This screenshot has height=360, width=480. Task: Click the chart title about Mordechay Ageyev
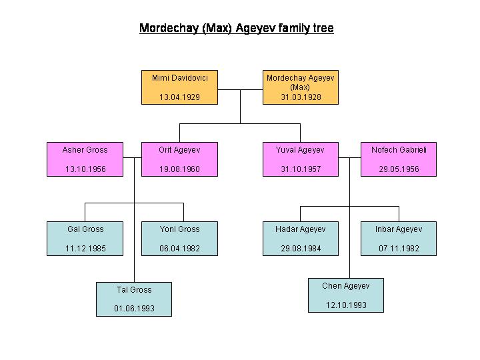coord(236,28)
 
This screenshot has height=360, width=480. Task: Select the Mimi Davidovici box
coord(180,87)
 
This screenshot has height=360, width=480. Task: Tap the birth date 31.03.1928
coord(301,97)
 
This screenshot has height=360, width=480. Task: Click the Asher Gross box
coord(85,159)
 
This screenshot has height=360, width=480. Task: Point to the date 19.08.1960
coord(180,169)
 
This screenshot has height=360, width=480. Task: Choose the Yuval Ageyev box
coord(301,159)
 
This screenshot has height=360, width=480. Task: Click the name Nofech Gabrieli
coord(399,150)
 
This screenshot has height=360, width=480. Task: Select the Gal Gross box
coord(85,239)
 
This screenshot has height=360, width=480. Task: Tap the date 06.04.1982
coord(180,249)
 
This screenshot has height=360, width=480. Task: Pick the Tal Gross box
coord(134,299)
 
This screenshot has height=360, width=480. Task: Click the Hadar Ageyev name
coord(300,229)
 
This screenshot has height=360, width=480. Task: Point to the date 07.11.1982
coord(399,249)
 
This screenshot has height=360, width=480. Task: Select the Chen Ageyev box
coord(346,295)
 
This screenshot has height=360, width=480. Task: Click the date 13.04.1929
coord(180,97)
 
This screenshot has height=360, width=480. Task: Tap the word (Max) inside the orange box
coord(300,87)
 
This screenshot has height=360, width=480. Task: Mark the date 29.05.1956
coord(399,169)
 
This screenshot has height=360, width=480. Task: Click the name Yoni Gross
coord(180,229)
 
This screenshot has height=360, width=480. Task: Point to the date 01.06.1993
coord(134,309)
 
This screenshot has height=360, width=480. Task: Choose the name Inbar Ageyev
coord(399,229)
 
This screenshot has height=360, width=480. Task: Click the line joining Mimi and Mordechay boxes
coord(240,90)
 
